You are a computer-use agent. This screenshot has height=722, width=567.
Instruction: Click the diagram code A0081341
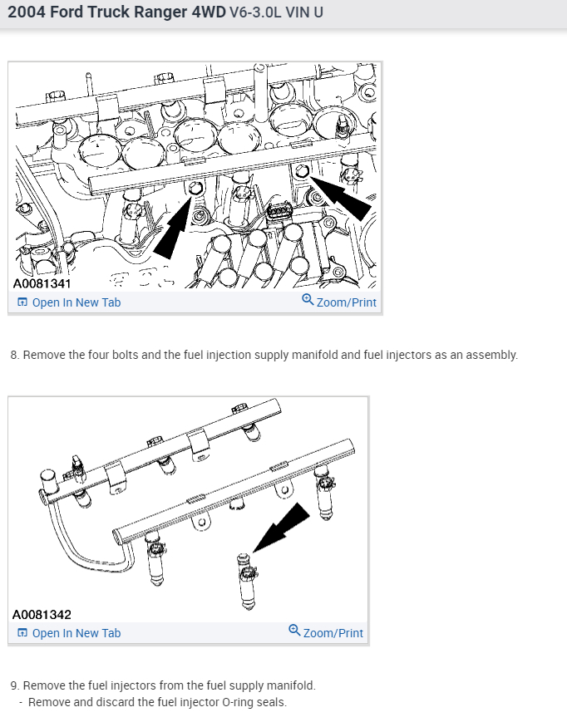(42, 283)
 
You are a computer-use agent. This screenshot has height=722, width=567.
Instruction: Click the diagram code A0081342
(42, 615)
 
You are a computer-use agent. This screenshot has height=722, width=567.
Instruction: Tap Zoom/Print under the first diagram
(346, 302)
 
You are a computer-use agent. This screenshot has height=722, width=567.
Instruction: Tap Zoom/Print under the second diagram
(333, 633)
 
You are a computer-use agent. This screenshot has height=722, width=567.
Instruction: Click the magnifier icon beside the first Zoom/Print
(308, 301)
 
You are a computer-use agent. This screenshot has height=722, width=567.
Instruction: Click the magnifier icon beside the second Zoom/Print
(295, 631)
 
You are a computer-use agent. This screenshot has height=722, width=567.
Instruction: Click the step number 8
(14, 355)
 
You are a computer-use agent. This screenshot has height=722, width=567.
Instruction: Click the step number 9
(14, 685)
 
